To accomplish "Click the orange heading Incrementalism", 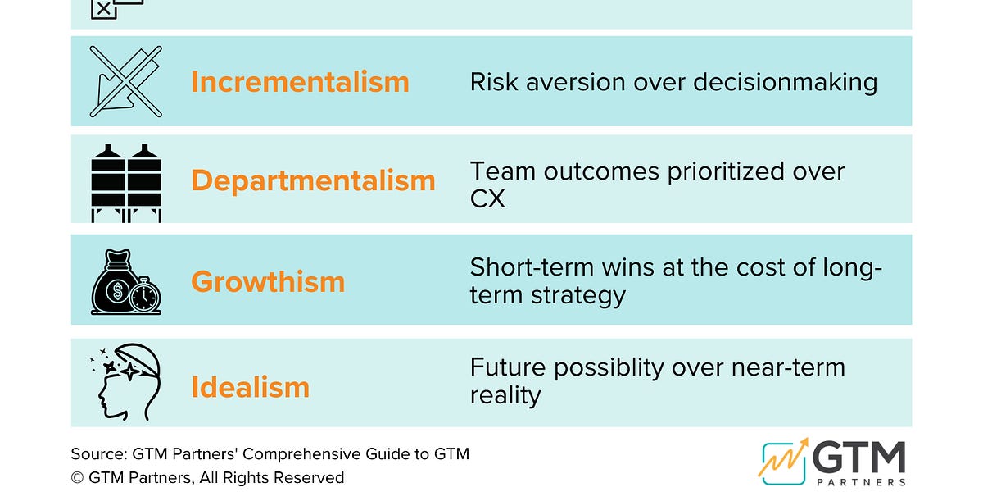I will (x=300, y=82).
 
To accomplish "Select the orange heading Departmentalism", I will (x=313, y=180).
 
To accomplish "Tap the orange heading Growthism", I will (x=268, y=281).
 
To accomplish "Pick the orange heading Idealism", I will (x=250, y=387).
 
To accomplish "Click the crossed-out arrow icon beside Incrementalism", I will (x=125, y=81).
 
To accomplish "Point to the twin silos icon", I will (x=125, y=182).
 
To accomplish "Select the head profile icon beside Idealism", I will (x=125, y=383).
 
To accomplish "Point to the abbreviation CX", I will (x=487, y=198).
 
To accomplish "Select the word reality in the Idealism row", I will (x=505, y=395).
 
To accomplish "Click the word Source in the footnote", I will (x=95, y=453).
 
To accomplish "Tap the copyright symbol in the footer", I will (x=77, y=477).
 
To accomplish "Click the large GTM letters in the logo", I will (x=858, y=458).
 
